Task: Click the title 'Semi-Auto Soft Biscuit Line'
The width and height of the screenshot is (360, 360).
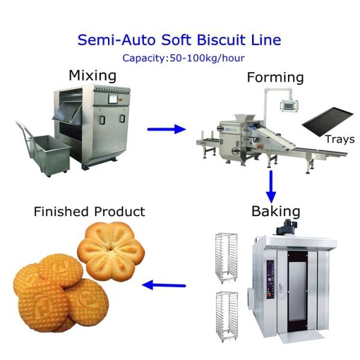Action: pyautogui.click(x=179, y=40)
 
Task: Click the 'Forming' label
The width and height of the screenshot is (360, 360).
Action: pyautogui.click(x=275, y=77)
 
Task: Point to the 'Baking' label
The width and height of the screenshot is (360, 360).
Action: pyautogui.click(x=275, y=211)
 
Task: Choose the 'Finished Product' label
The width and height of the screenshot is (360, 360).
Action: pyautogui.click(x=89, y=211)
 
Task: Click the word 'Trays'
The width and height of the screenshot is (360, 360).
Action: pyautogui.click(x=340, y=139)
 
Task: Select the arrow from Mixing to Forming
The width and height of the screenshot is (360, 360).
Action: pyautogui.click(x=166, y=128)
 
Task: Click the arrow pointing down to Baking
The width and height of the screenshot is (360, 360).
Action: pyautogui.click(x=271, y=187)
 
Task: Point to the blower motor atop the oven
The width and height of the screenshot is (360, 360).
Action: pyautogui.click(x=285, y=227)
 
